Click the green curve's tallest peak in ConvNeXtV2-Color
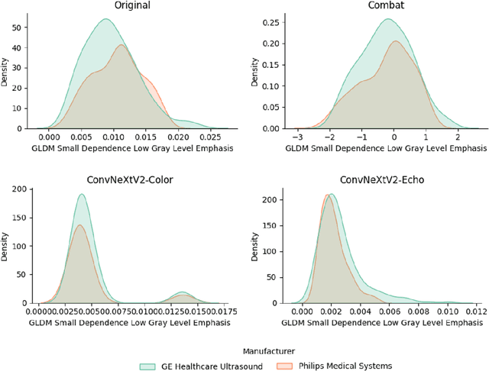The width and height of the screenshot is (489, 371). (x=80, y=194)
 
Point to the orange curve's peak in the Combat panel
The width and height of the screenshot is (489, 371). (x=393, y=41)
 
